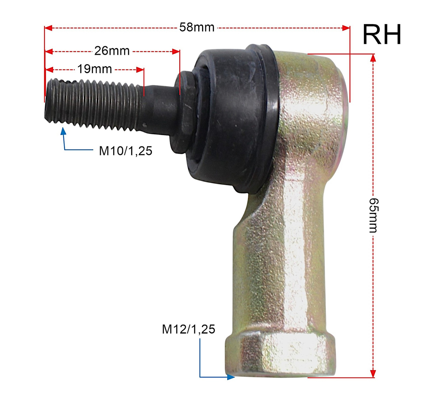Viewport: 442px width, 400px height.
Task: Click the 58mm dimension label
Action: coord(197,27)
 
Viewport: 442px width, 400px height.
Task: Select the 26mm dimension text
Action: coord(112,51)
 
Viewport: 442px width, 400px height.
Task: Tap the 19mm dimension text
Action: coord(94,69)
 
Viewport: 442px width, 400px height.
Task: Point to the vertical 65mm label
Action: coord(374,215)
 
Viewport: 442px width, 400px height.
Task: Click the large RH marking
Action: coord(382,34)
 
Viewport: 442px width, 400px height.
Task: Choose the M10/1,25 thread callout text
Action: coord(126,151)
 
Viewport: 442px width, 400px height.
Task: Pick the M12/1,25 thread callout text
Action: coord(188,329)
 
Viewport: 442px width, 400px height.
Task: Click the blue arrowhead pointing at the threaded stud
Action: coord(63,131)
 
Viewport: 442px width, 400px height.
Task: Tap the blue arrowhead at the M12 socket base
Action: coord(231,377)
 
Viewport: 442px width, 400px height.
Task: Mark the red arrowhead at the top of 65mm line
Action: coord(373,58)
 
